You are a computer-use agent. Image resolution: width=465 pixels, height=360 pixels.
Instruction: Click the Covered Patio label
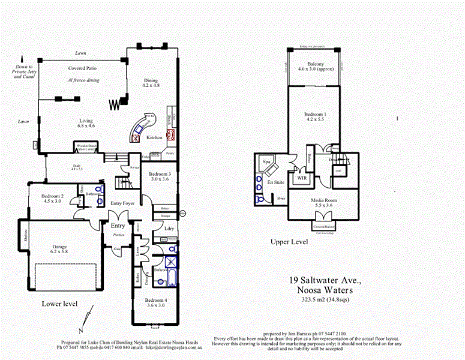pyautogui.click(x=83, y=68)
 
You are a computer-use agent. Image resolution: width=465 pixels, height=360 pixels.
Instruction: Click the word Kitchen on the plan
pyautogui.click(x=155, y=137)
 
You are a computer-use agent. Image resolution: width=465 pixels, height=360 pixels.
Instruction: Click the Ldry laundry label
pyautogui.click(x=169, y=229)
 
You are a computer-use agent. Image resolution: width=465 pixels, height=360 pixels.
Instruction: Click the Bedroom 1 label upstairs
pyautogui.click(x=315, y=116)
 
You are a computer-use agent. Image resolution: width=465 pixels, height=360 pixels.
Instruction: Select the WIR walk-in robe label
pyautogui.click(x=300, y=178)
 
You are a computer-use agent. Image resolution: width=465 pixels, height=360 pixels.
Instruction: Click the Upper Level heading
pyautogui.click(x=289, y=242)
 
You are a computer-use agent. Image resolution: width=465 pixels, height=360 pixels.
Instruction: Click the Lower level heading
pyautogui.click(x=59, y=304)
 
